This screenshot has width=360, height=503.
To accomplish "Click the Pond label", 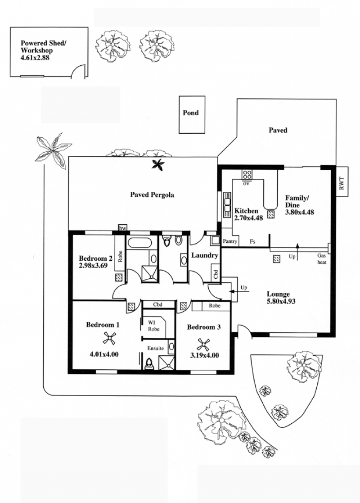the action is (x=191, y=113).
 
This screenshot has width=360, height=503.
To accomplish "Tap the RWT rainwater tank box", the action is (x=342, y=182).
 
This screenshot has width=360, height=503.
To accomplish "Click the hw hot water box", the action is (x=122, y=228).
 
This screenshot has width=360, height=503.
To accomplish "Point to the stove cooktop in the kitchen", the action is (x=247, y=175).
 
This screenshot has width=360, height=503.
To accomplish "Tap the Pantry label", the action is (x=230, y=241).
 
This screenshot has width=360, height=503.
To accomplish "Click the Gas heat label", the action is (x=322, y=259).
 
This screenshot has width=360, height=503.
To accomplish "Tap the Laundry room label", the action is (x=204, y=255).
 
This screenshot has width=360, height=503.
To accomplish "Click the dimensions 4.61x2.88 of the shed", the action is (x=35, y=58).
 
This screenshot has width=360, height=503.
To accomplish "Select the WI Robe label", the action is (x=153, y=326).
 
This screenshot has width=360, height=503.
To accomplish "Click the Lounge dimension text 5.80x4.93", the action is (x=281, y=301).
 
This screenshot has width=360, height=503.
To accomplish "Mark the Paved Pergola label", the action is (x=152, y=195).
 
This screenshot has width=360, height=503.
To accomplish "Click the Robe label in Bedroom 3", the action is (x=215, y=306).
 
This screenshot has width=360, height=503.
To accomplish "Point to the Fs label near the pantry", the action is (x=252, y=241).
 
